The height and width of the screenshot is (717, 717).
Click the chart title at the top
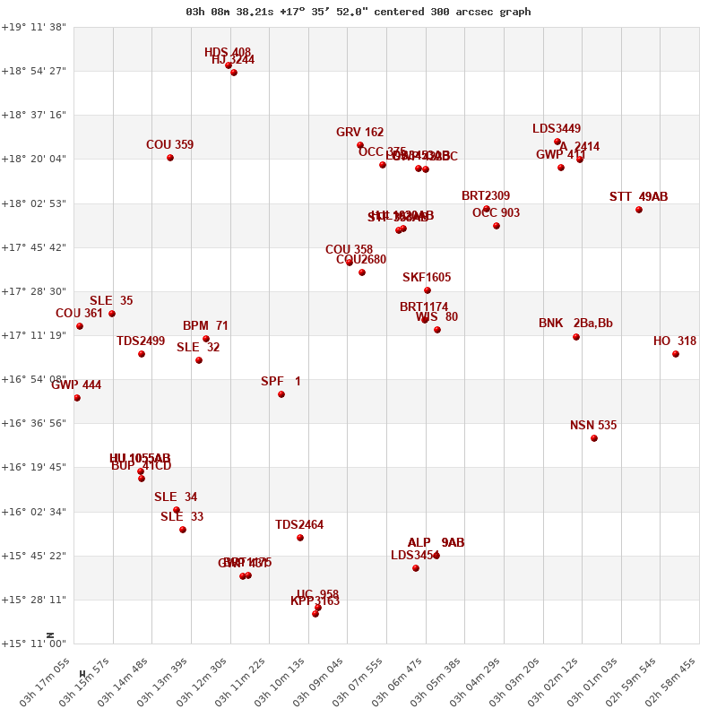358,12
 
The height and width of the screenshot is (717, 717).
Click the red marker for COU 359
170,158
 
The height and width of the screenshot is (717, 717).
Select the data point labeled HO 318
676,354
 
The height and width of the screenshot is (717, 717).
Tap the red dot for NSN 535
594,438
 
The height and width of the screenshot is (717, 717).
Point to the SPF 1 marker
281,394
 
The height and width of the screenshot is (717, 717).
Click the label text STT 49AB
638,197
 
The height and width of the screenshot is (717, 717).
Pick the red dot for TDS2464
300,538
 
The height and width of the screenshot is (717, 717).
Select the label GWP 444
76,385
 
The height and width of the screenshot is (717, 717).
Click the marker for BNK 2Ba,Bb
576,337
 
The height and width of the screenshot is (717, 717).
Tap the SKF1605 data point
428,290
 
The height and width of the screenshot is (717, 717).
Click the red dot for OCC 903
497,226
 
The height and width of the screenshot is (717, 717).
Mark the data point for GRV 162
360,145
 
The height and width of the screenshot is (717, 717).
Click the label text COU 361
79,314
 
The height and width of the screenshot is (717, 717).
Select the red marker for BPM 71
206,339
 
